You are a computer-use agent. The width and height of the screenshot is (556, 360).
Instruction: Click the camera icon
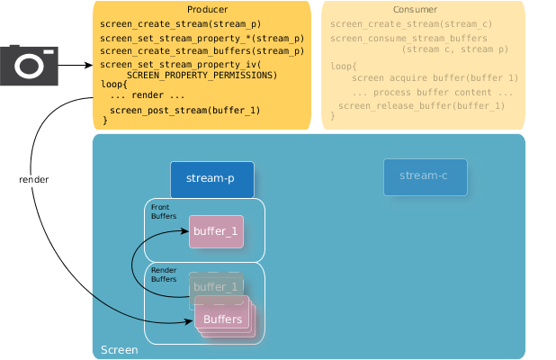coord(29,66)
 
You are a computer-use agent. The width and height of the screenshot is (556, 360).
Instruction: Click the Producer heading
coord(202,9)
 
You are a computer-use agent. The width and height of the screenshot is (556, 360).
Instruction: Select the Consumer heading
coord(423,9)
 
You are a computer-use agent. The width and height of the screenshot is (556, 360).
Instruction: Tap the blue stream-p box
coord(211,179)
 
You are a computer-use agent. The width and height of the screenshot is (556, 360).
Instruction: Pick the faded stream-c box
coord(425,176)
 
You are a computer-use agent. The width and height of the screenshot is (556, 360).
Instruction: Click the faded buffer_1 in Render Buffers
coord(216,286)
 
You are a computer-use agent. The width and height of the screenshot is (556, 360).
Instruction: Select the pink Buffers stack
coord(223,319)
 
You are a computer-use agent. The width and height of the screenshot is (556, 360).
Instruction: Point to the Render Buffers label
coord(164,274)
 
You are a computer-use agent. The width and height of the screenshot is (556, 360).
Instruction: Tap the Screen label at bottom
coord(120,349)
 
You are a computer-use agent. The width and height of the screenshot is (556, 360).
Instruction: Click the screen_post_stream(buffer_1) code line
coord(184,110)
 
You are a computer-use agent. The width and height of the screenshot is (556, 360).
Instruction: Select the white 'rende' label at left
coord(30,181)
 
